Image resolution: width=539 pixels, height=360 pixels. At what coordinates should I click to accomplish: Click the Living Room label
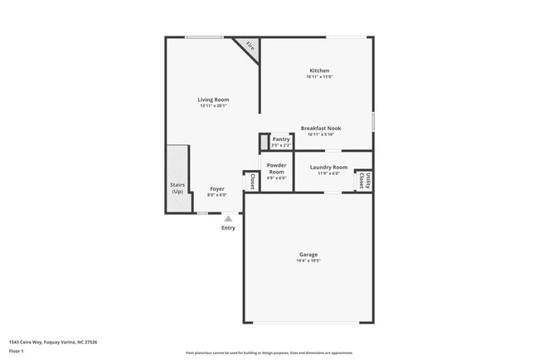[x=214, y=100]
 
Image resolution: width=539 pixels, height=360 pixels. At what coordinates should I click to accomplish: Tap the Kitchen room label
[x=320, y=71]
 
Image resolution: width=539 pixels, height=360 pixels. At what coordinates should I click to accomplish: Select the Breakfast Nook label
[x=320, y=128]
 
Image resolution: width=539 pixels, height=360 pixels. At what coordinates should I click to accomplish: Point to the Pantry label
[x=280, y=139]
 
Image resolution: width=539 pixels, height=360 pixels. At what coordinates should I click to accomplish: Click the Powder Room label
[x=276, y=168]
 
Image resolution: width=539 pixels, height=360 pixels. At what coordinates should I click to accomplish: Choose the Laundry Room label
[x=328, y=168]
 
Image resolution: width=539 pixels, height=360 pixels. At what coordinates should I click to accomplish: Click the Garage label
[x=308, y=254]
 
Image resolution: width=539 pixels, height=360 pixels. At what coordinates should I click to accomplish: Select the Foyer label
[x=216, y=188]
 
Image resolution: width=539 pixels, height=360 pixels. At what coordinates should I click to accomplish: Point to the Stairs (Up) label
[x=177, y=188]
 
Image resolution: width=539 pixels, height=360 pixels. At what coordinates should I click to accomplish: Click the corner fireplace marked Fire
[x=250, y=48]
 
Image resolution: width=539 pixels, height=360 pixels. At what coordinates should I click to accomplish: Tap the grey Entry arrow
[x=228, y=218]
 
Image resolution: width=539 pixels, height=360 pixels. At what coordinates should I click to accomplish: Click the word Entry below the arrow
[x=228, y=227]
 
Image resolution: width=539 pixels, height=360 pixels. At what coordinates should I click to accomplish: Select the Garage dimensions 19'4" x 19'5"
[x=308, y=260]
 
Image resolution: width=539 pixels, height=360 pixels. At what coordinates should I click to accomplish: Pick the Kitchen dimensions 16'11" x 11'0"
[x=320, y=77]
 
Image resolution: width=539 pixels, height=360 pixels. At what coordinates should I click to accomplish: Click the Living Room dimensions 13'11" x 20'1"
[x=214, y=106]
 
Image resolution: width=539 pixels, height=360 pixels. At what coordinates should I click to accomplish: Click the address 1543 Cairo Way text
[x=53, y=341]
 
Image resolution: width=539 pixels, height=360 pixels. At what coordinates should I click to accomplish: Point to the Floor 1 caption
[x=17, y=351]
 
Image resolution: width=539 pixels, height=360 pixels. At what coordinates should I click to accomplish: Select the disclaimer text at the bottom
[x=269, y=353]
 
